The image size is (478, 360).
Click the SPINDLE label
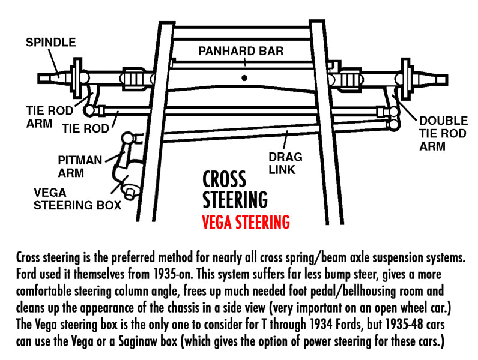coord(50,42)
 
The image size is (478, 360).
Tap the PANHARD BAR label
coord(241,50)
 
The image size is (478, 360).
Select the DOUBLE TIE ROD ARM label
coord(443,133)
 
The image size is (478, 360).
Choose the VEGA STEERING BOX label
coord(77,199)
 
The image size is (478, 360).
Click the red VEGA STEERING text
coord(245,221)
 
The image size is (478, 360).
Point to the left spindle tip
coord(43,77)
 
